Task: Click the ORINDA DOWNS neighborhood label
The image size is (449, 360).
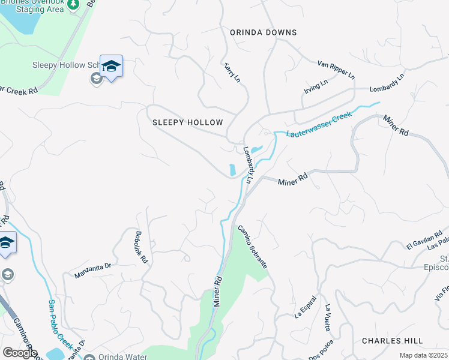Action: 263,32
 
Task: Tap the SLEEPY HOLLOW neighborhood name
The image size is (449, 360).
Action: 187,122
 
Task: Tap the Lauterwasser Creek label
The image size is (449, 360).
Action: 318,124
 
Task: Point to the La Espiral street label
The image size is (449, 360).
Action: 305,310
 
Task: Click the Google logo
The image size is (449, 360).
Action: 20,353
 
